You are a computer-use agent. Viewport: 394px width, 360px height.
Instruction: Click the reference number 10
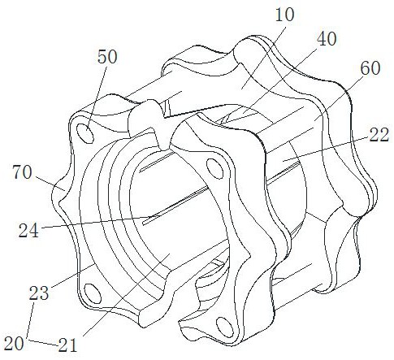point(285,15)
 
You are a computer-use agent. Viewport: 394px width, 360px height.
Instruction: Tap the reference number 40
point(327,39)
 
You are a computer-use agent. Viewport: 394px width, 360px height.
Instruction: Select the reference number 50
point(107,57)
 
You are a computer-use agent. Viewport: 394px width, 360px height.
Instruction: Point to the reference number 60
point(370,68)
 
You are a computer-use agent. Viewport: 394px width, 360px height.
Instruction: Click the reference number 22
point(379,135)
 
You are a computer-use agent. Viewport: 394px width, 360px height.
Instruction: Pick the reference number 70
point(22,172)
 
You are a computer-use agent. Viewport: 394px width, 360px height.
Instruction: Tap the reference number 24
point(28,231)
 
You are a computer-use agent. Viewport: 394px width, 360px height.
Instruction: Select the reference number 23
point(39,293)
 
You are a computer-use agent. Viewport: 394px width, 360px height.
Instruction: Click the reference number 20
point(14,344)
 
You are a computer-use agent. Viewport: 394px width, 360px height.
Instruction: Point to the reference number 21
point(67,345)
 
